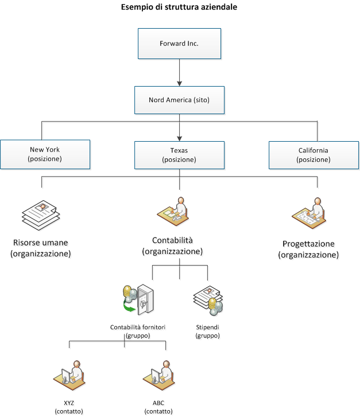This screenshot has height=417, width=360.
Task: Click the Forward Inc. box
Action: coord(179,44)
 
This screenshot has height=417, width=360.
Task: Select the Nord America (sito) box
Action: coord(179,99)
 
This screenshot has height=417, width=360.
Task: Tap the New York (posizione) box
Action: coord(45,155)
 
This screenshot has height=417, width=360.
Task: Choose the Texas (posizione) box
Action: coord(179,155)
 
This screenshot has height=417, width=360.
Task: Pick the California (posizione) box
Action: coord(313,155)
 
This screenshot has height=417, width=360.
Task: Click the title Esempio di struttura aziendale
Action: coord(179,7)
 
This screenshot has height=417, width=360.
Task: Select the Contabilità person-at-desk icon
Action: coord(173,211)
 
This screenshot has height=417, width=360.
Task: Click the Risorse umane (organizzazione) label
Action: coord(41,248)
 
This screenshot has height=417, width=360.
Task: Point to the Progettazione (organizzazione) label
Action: coord(308,249)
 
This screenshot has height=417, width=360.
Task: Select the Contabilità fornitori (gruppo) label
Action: coord(138,331)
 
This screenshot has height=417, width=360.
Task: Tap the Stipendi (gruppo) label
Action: coord(207,331)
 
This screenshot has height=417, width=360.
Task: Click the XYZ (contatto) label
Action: coord(69,407)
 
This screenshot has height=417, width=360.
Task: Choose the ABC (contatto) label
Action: coord(158,407)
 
